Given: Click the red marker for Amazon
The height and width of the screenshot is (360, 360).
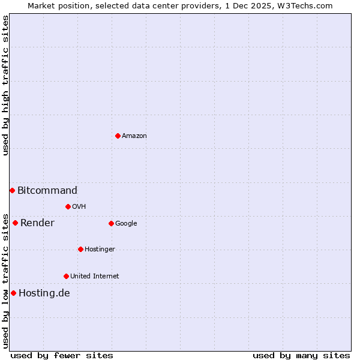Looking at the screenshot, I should click(118, 136).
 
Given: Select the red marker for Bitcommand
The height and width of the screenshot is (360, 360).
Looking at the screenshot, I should click(12, 190).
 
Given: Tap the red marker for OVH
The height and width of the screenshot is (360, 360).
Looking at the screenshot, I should click(68, 206).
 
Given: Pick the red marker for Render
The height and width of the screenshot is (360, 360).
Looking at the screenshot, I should click(15, 223).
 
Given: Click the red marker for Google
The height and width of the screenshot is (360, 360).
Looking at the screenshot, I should click(111, 223).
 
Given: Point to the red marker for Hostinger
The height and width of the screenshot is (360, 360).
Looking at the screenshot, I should click(80, 249).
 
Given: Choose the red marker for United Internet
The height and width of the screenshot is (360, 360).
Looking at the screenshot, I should click(66, 276).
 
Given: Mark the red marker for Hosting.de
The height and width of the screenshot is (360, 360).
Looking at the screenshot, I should click(13, 293).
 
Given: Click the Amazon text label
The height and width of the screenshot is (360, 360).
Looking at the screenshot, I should click(134, 136).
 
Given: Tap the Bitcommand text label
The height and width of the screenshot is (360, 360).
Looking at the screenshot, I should click(47, 191).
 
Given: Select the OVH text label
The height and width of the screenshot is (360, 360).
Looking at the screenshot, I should click(79, 207).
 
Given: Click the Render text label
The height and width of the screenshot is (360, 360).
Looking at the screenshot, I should click(37, 223).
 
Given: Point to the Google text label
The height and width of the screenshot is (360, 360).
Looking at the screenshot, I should click(126, 224).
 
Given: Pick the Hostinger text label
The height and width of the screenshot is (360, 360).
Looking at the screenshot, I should click(100, 250).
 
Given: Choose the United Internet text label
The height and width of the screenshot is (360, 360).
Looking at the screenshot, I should click(95, 277).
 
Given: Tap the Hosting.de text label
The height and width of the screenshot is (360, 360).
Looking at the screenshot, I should click(44, 293).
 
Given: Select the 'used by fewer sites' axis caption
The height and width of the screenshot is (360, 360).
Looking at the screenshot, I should click(62, 356).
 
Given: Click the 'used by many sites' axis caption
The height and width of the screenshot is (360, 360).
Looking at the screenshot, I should click(301, 356).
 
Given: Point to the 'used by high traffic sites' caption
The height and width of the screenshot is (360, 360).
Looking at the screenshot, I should click(6, 85).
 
